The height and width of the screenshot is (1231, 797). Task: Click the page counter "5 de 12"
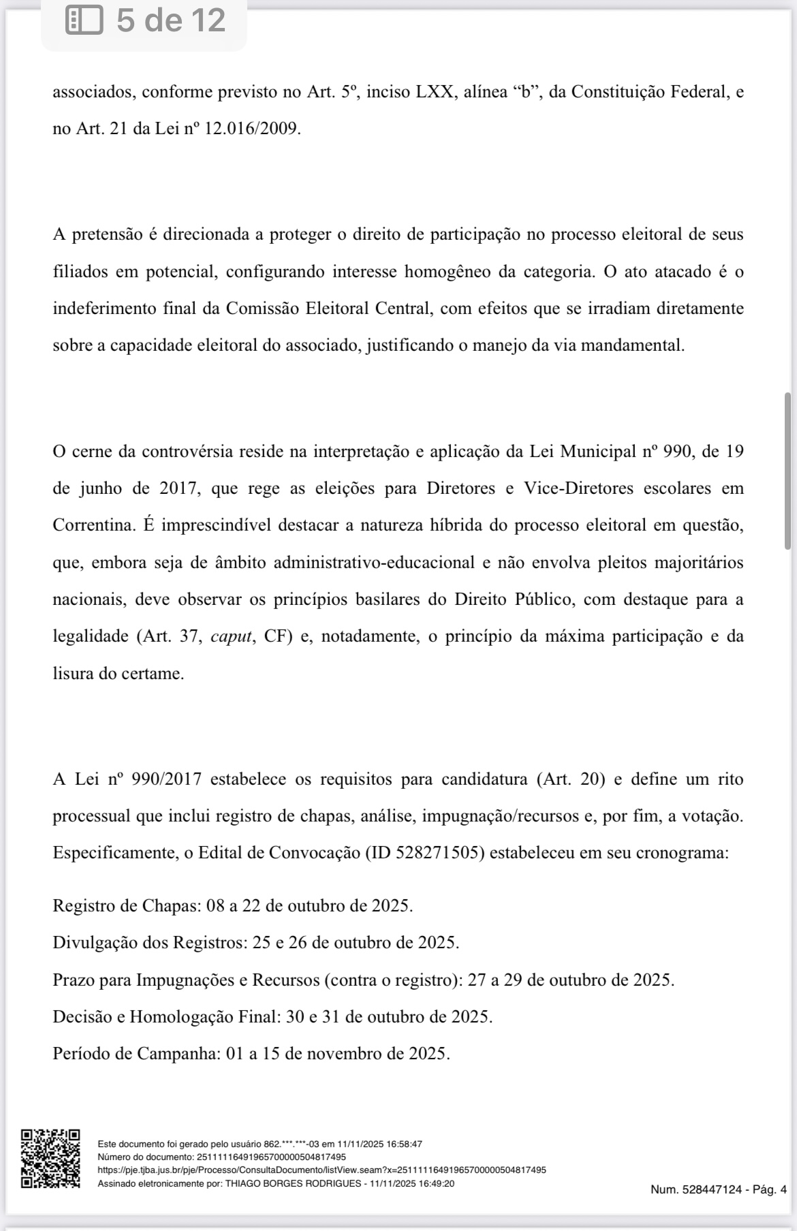tap(170, 20)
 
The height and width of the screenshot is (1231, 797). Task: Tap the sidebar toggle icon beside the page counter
tap(84, 20)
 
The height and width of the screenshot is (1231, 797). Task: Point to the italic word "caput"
tap(232, 636)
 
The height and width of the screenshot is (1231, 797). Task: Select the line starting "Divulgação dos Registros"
tap(255, 942)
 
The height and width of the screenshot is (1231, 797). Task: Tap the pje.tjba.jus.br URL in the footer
tap(322, 1170)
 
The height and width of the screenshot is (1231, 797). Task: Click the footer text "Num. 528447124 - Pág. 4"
tap(718, 1189)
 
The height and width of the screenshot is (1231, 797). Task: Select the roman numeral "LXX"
tap(435, 91)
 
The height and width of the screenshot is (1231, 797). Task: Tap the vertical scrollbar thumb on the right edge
tap(787, 470)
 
